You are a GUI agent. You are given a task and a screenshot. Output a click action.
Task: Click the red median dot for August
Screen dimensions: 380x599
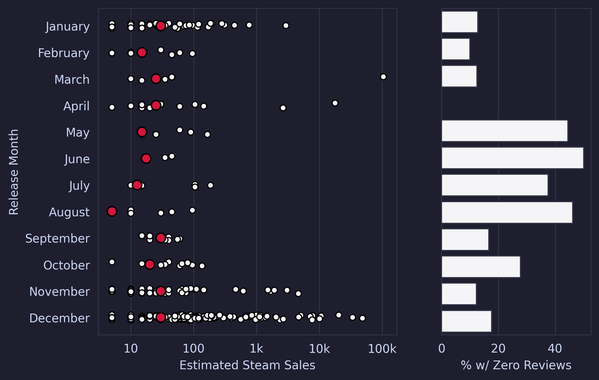click(x=112, y=211)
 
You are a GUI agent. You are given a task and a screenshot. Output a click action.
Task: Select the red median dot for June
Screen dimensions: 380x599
click(x=146, y=158)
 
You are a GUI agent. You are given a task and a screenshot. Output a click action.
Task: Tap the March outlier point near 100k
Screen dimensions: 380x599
click(x=383, y=77)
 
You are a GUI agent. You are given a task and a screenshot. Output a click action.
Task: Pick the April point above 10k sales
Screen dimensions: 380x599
click(x=335, y=103)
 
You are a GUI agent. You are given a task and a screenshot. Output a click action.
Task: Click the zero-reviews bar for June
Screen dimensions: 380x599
click(x=512, y=158)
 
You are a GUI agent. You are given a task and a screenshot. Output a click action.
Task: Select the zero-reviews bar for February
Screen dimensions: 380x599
click(x=456, y=49)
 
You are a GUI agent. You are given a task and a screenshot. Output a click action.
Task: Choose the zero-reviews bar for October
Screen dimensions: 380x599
click(x=481, y=267)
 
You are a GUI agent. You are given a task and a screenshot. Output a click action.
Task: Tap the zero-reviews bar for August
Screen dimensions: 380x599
click(x=507, y=212)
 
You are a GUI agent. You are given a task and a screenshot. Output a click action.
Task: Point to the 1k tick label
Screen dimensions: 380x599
click(x=256, y=349)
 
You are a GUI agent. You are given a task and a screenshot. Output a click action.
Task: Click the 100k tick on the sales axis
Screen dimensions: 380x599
click(x=382, y=349)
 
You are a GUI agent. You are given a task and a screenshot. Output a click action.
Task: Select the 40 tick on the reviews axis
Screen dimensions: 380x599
click(x=555, y=349)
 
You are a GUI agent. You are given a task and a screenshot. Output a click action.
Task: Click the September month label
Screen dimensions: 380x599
click(x=57, y=239)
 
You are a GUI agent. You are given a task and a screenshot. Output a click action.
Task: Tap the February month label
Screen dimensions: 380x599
click(x=64, y=53)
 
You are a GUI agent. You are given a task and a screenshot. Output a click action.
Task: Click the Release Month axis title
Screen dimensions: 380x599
click(x=14, y=172)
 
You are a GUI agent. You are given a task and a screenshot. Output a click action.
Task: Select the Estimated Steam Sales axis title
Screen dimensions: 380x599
click(x=247, y=365)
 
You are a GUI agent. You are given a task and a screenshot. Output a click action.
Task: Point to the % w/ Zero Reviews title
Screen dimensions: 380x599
click(x=516, y=365)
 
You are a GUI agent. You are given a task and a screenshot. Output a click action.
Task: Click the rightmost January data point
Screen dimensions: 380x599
click(x=286, y=26)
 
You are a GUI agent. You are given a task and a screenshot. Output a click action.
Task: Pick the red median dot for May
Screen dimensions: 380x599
click(x=142, y=132)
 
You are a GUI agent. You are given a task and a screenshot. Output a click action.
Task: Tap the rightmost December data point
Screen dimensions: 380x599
click(x=362, y=318)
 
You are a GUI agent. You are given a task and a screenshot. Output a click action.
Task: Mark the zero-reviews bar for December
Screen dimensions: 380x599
click(x=466, y=321)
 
